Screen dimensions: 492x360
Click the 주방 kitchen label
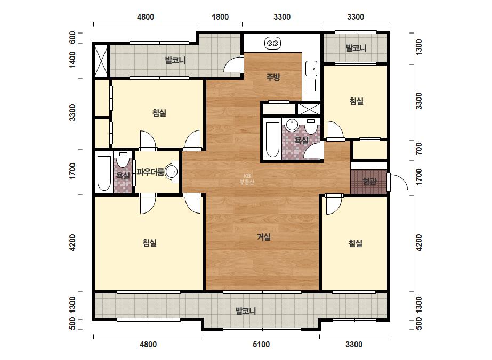pos(273,77)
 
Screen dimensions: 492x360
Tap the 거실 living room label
pos(264,237)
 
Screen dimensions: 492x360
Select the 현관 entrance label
pos(369,181)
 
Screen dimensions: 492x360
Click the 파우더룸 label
pos(150,172)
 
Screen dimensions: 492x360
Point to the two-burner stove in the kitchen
pos(272,43)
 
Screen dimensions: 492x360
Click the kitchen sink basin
pos(311,68)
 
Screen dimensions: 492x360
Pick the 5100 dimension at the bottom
pos(261,345)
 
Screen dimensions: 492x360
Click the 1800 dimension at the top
pos(220,17)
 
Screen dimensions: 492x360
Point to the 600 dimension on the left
pos(72,38)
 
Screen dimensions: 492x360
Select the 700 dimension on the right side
pos(419,149)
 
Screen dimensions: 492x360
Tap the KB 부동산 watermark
pos(247,179)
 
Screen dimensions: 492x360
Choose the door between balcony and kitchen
pos(234,65)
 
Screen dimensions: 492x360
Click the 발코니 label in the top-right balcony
pos(356,48)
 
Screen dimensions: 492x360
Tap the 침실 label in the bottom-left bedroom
pos(150,242)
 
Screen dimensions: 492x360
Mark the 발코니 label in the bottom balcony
pos(246,311)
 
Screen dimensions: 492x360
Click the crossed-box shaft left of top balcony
pos(101,60)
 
